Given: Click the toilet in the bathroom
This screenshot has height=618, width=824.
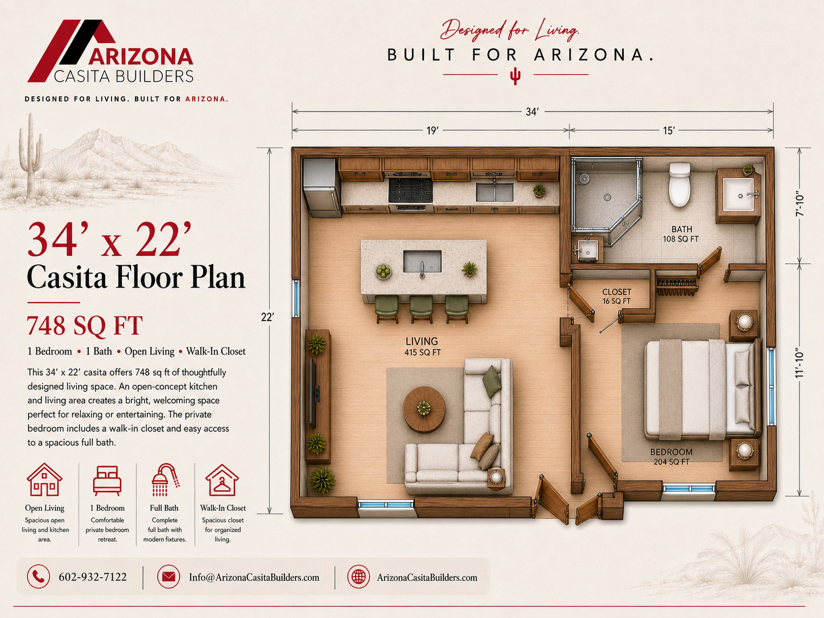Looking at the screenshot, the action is [679, 184].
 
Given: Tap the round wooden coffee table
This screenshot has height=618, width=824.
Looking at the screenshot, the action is [424, 409].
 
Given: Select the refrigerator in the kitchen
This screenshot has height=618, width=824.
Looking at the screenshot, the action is [322, 188].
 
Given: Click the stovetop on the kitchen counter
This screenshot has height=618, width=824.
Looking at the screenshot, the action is [410, 189].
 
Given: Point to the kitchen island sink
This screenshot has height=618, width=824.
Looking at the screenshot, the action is [422, 262].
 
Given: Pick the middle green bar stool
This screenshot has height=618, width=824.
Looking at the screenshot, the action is [421, 308].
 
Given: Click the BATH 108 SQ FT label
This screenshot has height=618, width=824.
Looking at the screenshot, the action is [681, 234].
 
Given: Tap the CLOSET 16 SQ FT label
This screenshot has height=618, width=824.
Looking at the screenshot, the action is [616, 296].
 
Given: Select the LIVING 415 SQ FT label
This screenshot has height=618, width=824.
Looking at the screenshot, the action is [422, 347].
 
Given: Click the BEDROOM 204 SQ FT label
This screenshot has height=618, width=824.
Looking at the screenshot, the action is [671, 456].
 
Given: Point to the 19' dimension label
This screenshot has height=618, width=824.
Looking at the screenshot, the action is [432, 130].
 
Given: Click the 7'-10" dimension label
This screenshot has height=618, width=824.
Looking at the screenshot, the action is [800, 205].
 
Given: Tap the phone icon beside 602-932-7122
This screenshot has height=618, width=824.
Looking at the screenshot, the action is [38, 576].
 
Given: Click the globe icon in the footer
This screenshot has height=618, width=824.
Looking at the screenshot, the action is [359, 576].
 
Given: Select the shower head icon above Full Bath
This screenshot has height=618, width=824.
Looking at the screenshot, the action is [165, 480].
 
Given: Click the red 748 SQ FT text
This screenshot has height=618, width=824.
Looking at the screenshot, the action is [84, 326].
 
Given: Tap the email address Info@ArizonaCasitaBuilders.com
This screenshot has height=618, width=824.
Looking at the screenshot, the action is [254, 577].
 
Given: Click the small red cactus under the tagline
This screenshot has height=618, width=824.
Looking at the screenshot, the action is [516, 76].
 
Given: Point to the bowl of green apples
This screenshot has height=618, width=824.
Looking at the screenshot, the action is [384, 271].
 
